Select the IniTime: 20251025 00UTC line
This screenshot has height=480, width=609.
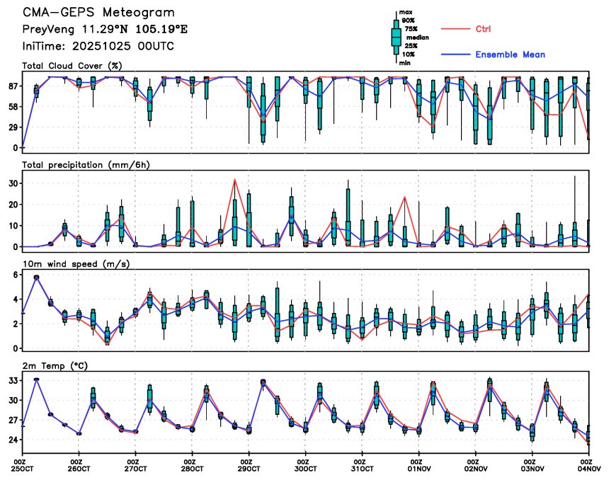(98, 46)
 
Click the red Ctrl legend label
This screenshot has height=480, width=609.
(483, 28)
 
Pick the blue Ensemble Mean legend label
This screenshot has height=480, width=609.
(510, 55)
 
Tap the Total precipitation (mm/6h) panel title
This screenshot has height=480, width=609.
(86, 165)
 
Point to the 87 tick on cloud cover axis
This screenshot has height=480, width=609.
(13, 86)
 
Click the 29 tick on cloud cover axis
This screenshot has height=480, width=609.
(13, 127)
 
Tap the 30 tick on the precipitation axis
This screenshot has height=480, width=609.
(13, 183)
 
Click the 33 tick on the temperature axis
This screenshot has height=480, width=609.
(13, 380)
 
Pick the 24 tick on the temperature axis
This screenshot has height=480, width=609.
(13, 440)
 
